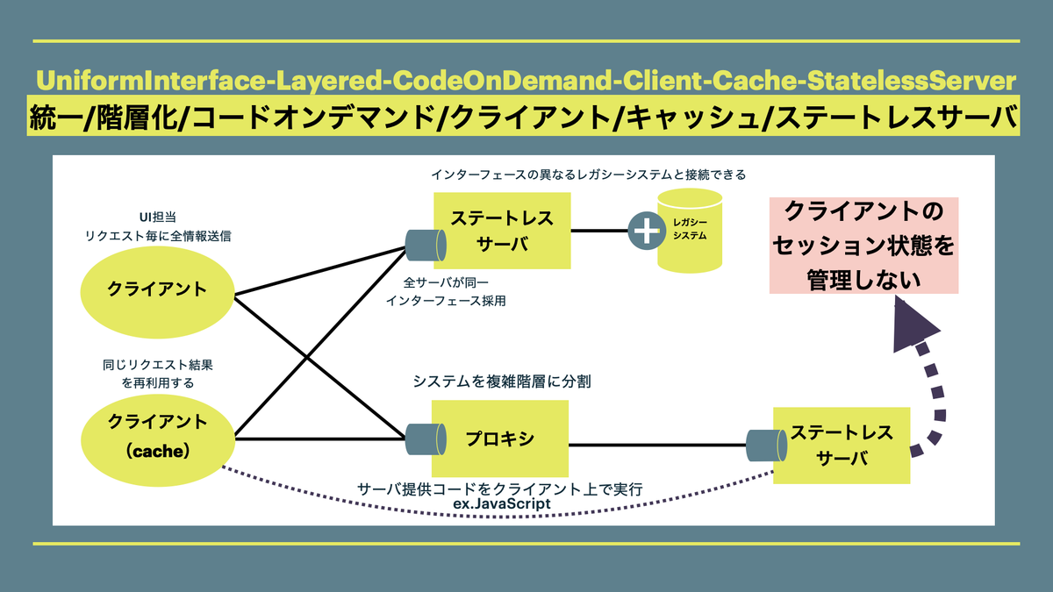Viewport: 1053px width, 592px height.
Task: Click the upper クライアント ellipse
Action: pyautogui.click(x=157, y=289)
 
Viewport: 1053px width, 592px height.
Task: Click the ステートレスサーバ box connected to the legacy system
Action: pyautogui.click(x=502, y=231)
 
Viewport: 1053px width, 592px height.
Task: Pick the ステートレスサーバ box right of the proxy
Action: pyautogui.click(x=841, y=445)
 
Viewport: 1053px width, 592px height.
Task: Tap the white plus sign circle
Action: pyautogui.click(x=647, y=232)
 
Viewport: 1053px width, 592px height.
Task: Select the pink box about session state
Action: pyautogui.click(x=863, y=246)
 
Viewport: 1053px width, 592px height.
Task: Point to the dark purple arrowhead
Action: pyautogui.click(x=914, y=326)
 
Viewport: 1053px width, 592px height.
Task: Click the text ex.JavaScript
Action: pyautogui.click(x=502, y=504)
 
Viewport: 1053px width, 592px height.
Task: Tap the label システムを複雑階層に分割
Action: pyautogui.click(x=501, y=382)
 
